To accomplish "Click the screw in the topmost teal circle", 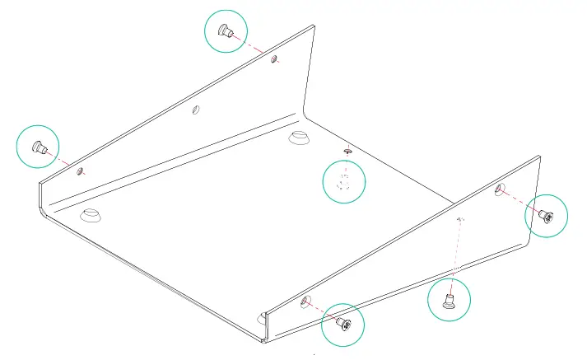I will tap(224, 32).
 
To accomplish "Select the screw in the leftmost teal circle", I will tap(37, 147).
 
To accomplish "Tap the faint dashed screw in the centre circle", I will tap(345, 181).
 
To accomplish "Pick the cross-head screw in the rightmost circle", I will tap(547, 217).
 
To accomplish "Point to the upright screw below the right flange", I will tap(450, 298).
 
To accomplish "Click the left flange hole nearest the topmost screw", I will tap(275, 59).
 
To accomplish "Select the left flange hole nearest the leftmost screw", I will tap(80, 171).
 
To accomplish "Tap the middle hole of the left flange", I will tap(195, 110).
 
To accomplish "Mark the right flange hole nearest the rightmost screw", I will tap(499, 190).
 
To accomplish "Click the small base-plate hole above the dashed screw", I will tap(348, 151).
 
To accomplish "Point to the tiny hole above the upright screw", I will tap(461, 219).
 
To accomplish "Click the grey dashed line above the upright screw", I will tap(456, 251).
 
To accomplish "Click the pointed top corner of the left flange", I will tap(313, 26).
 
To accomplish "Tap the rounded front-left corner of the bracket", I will tap(43, 211).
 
